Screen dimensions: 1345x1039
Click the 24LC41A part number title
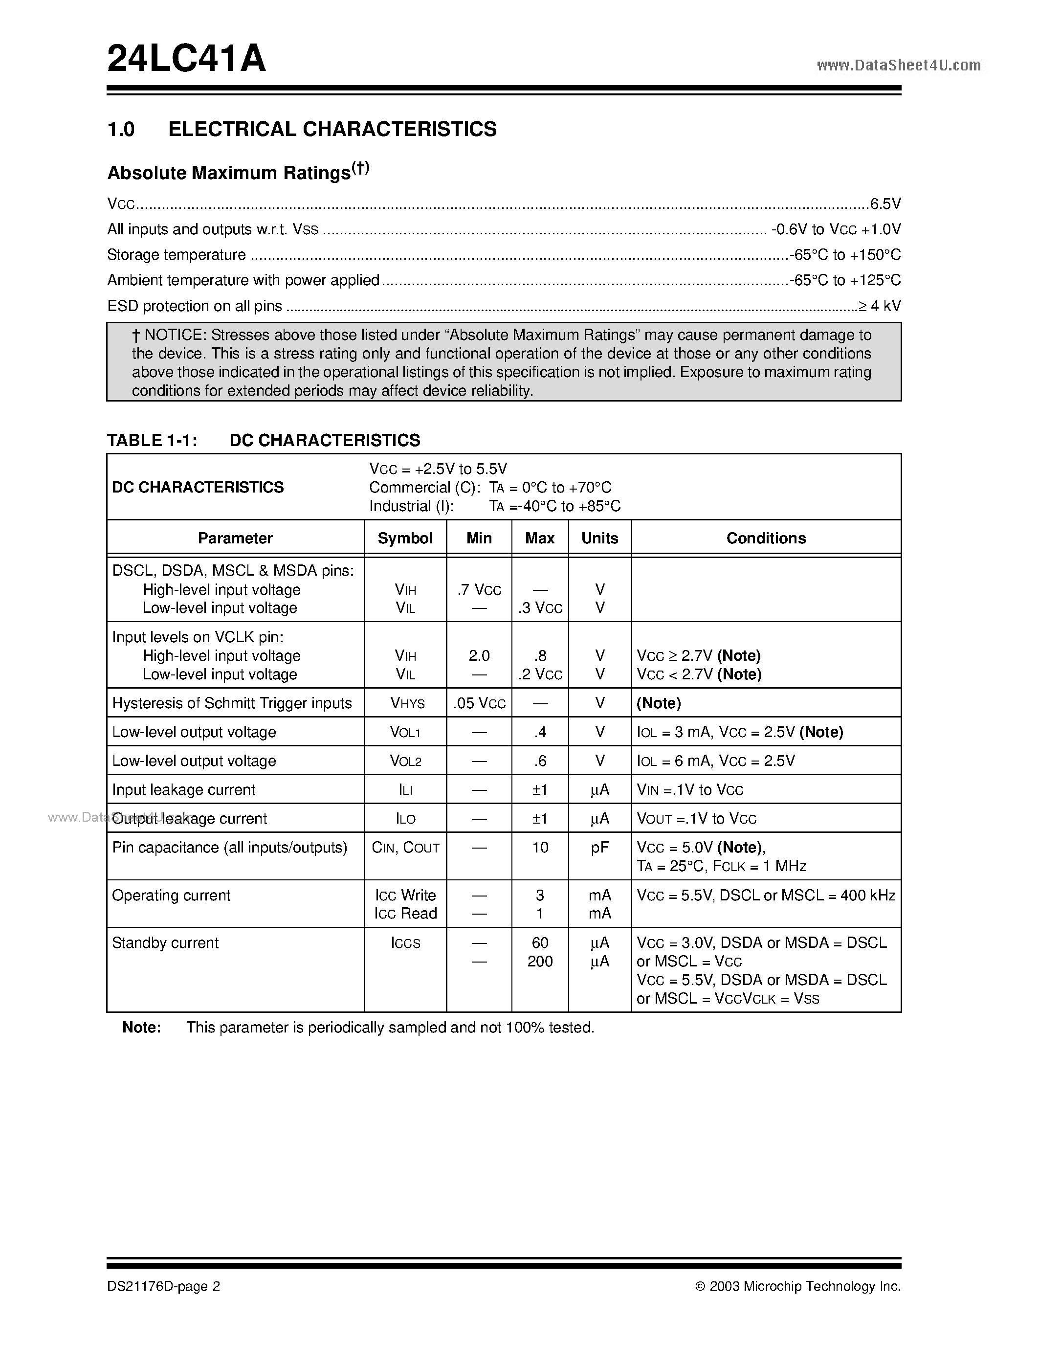point(186,60)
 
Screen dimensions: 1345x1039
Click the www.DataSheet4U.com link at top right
point(898,65)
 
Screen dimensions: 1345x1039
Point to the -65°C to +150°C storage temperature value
point(846,255)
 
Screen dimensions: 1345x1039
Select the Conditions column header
point(766,538)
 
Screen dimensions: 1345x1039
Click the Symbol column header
point(404,538)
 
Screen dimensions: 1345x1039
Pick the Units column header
point(599,538)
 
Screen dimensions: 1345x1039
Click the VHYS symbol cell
point(404,703)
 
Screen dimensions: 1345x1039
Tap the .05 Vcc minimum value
point(479,703)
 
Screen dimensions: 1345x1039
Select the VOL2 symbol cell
point(405,761)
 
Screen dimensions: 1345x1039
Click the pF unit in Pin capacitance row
point(599,848)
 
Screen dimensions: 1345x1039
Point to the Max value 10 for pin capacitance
point(540,848)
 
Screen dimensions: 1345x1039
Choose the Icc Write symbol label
point(405,896)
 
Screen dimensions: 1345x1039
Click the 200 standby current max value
point(540,962)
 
